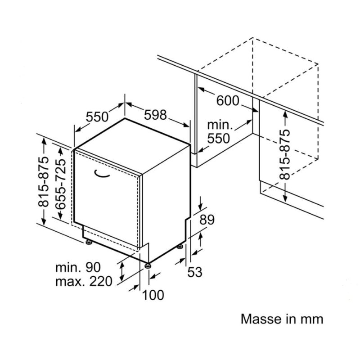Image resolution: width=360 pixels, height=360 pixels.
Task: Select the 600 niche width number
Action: click(x=228, y=100)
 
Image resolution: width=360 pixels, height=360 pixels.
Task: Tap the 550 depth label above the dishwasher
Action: click(x=97, y=117)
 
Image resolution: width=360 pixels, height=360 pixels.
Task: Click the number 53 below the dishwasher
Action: click(x=195, y=272)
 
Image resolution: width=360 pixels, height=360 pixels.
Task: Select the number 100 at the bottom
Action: click(x=153, y=295)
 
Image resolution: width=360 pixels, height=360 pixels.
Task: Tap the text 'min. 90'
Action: click(x=77, y=267)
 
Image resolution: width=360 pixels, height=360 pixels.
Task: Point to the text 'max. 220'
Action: click(x=83, y=282)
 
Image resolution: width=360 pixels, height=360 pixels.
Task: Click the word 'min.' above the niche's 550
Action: click(x=218, y=125)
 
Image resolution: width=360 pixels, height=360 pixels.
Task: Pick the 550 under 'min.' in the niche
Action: click(x=218, y=138)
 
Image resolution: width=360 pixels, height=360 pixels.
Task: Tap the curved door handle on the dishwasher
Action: click(x=103, y=173)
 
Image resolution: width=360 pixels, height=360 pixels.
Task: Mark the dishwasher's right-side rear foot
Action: click(x=181, y=246)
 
